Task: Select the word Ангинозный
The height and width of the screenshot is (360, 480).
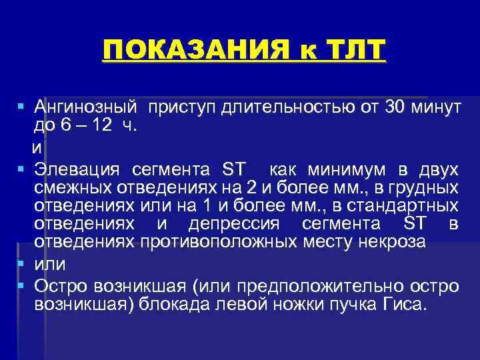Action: click(x=86, y=107)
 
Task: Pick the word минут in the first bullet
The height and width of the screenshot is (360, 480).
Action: click(x=437, y=107)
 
